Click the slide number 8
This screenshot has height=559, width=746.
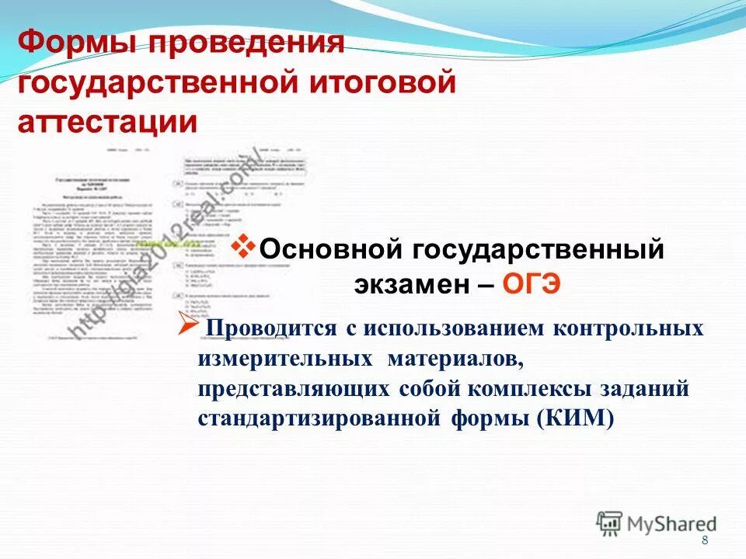pos(705,541)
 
